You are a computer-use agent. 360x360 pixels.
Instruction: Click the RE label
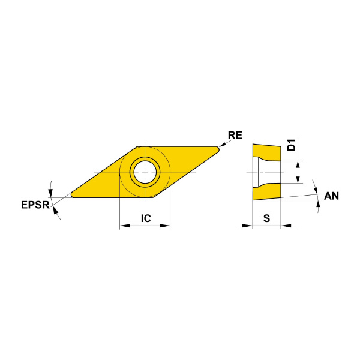[x=235, y=135]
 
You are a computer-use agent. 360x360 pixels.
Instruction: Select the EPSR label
[x=35, y=205]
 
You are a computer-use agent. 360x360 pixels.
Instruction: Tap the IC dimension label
[x=146, y=218]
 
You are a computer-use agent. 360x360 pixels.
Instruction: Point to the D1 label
[x=292, y=145]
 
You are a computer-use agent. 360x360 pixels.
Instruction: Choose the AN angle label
[x=331, y=196]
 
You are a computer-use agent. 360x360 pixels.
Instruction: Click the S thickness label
[x=266, y=218]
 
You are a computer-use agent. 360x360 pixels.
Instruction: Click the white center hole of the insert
[x=145, y=172]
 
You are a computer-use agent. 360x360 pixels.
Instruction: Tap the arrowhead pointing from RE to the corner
[x=222, y=145]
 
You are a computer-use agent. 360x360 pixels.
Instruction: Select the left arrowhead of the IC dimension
[x=125, y=226]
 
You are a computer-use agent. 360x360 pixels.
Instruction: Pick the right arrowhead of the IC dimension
[x=165, y=226]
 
